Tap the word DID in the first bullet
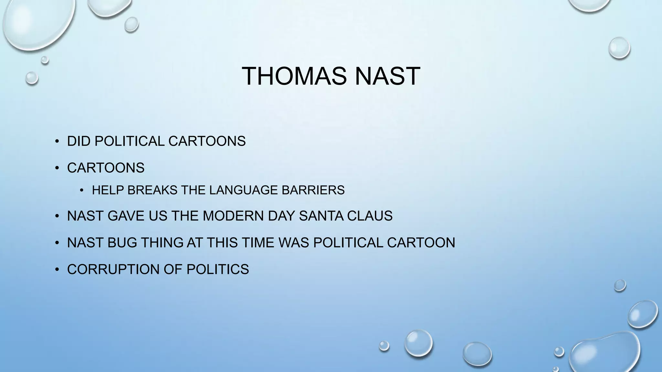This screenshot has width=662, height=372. (x=79, y=141)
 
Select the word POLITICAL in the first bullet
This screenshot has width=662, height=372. (x=129, y=141)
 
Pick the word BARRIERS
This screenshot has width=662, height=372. (x=313, y=190)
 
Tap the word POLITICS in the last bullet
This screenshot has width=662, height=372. (x=218, y=269)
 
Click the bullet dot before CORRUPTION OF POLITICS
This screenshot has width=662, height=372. (x=57, y=269)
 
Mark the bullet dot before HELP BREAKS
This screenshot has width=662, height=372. (x=82, y=191)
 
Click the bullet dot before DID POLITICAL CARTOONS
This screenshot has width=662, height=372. (x=57, y=141)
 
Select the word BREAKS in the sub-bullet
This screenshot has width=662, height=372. (x=152, y=190)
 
